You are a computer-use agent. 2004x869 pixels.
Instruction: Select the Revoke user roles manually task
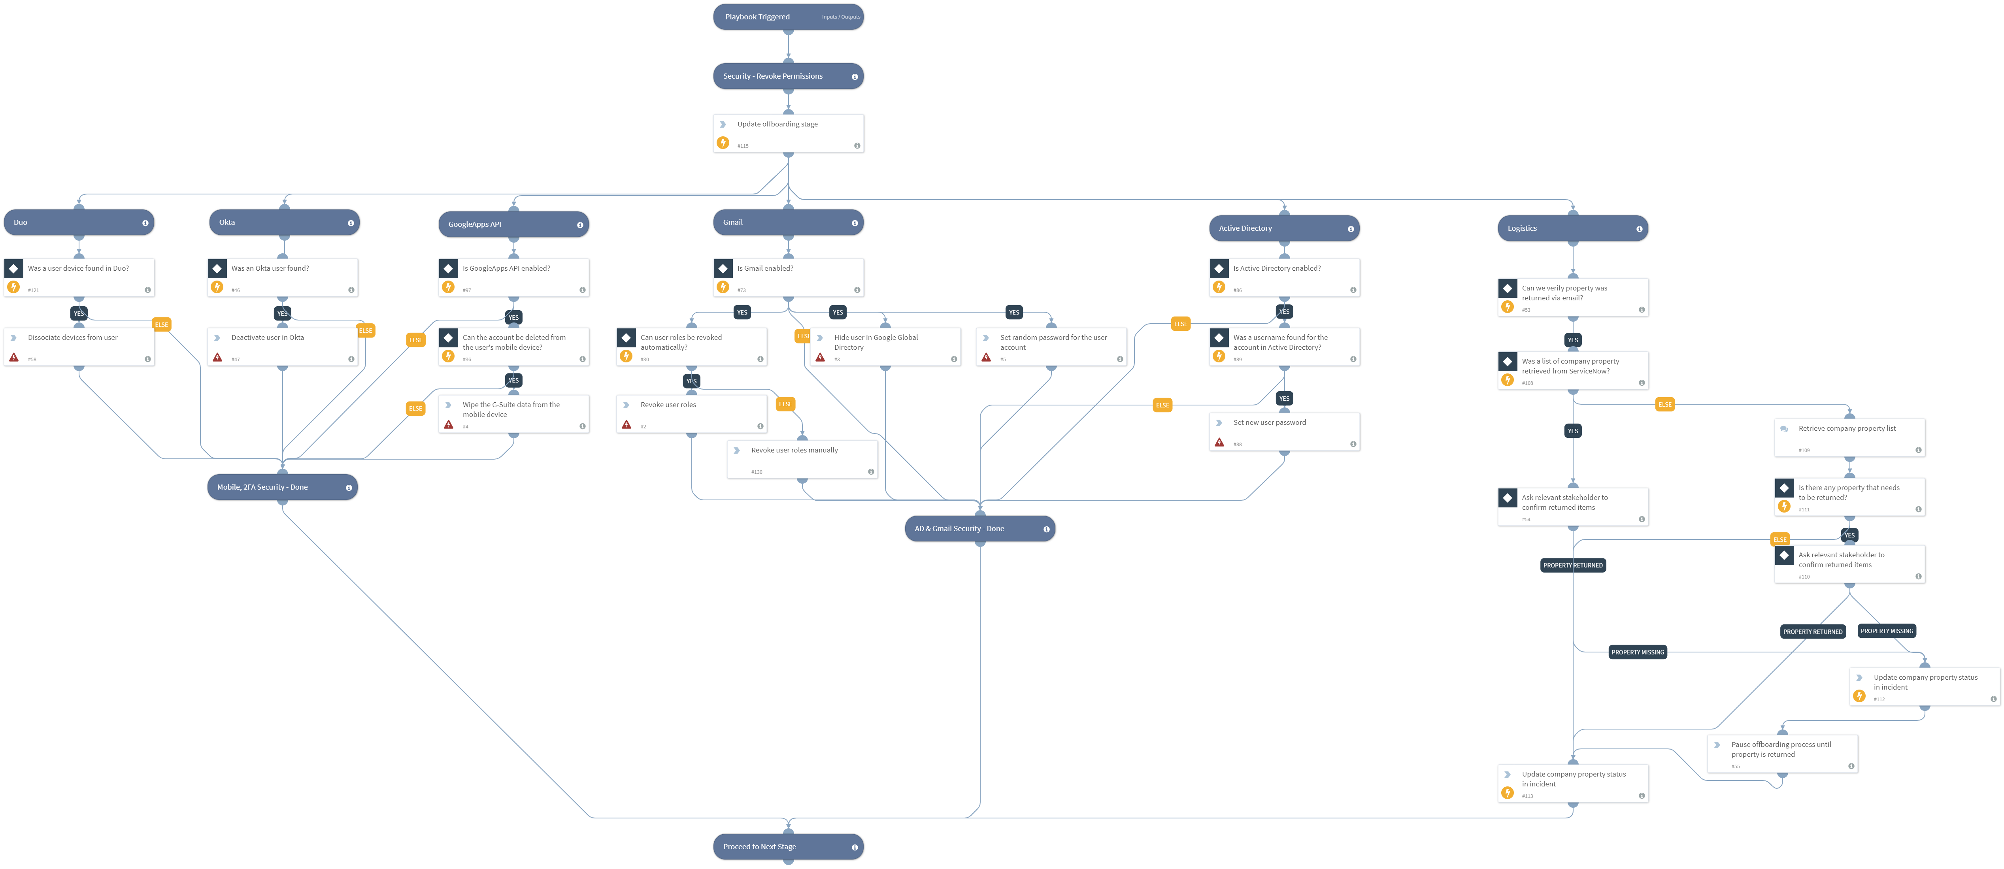pos(802,460)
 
